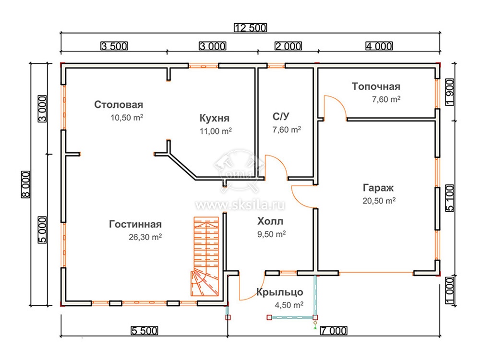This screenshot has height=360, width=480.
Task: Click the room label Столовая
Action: click(x=119, y=105)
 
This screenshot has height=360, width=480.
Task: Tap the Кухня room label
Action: click(x=214, y=118)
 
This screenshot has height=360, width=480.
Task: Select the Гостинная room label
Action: click(x=135, y=224)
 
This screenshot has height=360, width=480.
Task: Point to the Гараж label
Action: click(x=378, y=188)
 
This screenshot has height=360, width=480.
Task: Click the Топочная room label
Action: click(x=376, y=86)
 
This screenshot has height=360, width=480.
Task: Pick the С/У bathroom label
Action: click(x=281, y=117)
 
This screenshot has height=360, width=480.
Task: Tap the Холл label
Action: click(x=270, y=221)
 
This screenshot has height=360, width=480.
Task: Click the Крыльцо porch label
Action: click(x=279, y=293)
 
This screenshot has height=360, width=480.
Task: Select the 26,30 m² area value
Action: click(x=145, y=237)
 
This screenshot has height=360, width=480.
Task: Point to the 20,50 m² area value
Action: click(x=379, y=201)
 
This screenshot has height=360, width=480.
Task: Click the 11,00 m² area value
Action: click(x=216, y=132)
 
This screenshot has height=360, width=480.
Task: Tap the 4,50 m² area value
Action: click(x=289, y=305)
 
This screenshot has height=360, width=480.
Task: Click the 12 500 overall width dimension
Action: click(x=251, y=27)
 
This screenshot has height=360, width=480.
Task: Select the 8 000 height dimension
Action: click(x=26, y=185)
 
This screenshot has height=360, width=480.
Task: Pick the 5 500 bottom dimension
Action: click(x=144, y=331)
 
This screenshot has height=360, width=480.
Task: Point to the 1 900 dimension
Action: click(x=450, y=92)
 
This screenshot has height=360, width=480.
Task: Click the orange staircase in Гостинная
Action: click(x=206, y=256)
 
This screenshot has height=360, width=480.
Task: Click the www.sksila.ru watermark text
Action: click(x=240, y=205)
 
